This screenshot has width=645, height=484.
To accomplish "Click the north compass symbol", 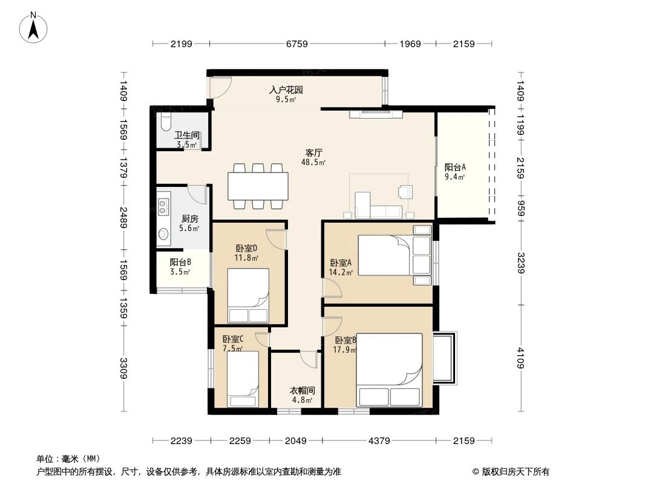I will point(34,27).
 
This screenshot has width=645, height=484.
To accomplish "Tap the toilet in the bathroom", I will point(166,123).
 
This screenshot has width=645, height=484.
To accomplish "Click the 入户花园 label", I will point(286,90).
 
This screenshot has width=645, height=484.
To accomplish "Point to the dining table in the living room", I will point(258,186).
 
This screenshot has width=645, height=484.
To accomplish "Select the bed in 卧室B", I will point(389,369).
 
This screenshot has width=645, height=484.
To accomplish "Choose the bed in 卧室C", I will point(243,379).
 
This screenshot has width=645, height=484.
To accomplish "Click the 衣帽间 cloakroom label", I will point(301,391).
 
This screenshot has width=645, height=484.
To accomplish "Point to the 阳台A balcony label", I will point(455,168).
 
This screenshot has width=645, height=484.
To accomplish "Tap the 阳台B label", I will point(180,262).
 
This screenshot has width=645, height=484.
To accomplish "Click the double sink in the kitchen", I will point(163,206).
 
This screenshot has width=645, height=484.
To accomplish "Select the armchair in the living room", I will point(405,192).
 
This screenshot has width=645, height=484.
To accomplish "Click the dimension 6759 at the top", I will point(296,44).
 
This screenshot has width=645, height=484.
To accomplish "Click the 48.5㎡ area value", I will point(313,163).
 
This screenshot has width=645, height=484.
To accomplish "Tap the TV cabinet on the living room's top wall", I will point(376,113).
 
